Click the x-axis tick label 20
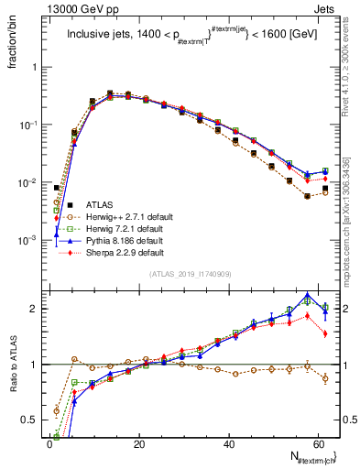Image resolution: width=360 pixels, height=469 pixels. click(138, 444)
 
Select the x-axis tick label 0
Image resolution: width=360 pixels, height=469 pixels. click(49, 444)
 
